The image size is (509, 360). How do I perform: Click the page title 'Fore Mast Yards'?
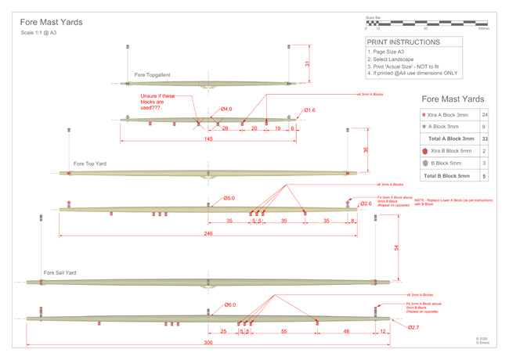(51, 22)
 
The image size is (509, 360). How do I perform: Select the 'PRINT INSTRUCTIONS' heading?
(403, 42)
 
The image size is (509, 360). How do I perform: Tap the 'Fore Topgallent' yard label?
(153, 75)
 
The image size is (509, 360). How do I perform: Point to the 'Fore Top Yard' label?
(90, 164)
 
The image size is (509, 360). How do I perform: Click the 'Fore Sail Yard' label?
(60, 272)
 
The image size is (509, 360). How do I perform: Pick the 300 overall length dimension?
(208, 343)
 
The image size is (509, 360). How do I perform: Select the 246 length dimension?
(208, 234)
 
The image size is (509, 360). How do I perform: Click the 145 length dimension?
(208, 139)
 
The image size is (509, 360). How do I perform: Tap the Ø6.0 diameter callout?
(230, 305)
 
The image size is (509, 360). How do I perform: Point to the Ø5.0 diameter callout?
(229, 198)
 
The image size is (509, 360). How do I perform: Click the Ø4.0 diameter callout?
(226, 109)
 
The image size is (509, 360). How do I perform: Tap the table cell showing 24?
(485, 115)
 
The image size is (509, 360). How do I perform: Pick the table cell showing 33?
(485, 138)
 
